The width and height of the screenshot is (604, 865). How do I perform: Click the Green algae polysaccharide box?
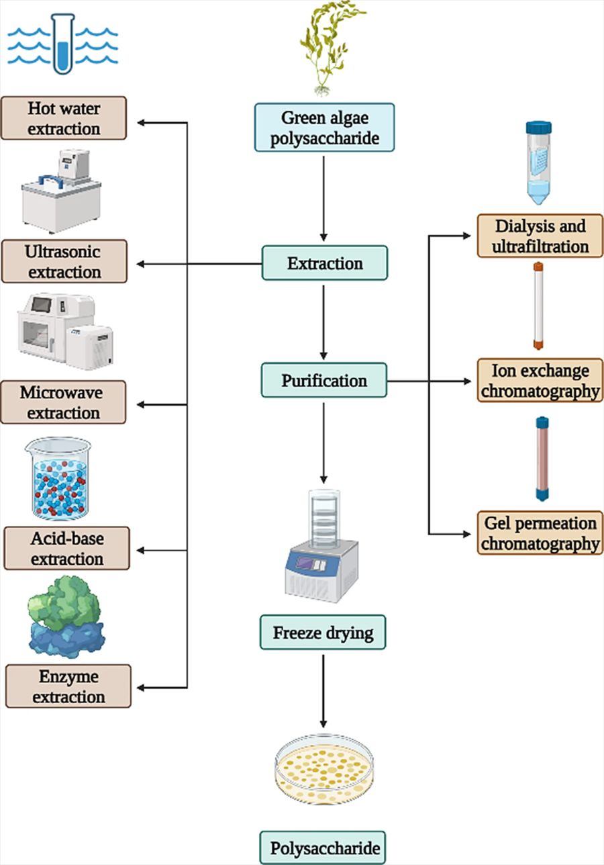pyautogui.click(x=324, y=127)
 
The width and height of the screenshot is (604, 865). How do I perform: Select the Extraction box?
pyautogui.click(x=324, y=263)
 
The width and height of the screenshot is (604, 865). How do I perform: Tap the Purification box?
pyautogui.click(x=324, y=380)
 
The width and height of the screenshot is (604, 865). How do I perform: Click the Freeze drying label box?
pyautogui.click(x=323, y=632)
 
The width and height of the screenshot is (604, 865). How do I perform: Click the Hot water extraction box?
pyautogui.click(x=64, y=118)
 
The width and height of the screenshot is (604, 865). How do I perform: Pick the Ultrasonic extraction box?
pyautogui.click(x=64, y=262)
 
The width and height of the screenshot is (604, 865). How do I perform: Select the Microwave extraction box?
pyautogui.click(x=63, y=402)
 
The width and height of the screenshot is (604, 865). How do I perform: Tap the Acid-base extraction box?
pyautogui.click(x=67, y=548)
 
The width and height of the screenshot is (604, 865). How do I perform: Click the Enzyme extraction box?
pyautogui.click(x=68, y=686)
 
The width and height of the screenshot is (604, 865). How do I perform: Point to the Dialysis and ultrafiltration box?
pyautogui.click(x=540, y=236)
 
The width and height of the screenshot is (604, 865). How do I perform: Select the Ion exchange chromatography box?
pyautogui.click(x=540, y=380)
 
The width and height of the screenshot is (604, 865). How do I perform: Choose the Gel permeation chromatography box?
pyautogui.click(x=540, y=533)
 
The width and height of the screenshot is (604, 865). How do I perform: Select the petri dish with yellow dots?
pyautogui.click(x=323, y=767)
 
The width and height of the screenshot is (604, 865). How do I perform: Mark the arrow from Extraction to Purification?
pyautogui.click(x=324, y=322)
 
